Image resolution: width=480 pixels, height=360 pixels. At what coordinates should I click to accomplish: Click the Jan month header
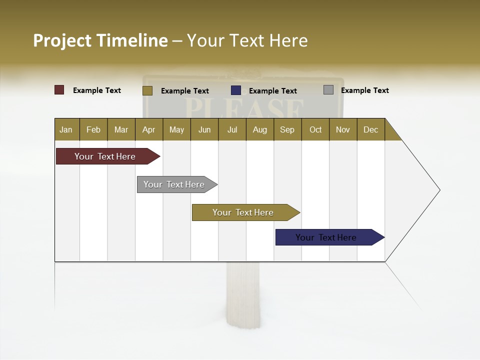pyautogui.click(x=66, y=129)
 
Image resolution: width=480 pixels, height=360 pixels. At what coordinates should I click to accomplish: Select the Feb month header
pyautogui.click(x=93, y=129)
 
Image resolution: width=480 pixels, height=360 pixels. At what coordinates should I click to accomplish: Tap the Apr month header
pyautogui.click(x=148, y=129)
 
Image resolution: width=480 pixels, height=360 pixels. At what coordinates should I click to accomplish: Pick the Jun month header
pyautogui.click(x=204, y=129)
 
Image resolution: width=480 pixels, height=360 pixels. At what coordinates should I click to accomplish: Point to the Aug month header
pyautogui.click(x=259, y=129)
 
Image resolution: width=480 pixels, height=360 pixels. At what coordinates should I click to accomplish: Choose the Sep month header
pyautogui.click(x=287, y=129)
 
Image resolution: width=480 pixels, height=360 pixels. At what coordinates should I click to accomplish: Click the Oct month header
pyautogui.click(x=315, y=129)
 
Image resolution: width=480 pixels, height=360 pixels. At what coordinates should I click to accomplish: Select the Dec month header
pyautogui.click(x=370, y=129)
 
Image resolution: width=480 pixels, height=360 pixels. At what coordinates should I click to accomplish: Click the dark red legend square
pyautogui.click(x=59, y=90)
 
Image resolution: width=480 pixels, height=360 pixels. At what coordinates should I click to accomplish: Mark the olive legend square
pyautogui.click(x=147, y=90)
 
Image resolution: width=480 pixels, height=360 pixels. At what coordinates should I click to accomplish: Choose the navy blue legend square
pyautogui.click(x=236, y=90)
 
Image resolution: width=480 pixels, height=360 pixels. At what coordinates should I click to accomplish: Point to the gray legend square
pyautogui.click(x=328, y=90)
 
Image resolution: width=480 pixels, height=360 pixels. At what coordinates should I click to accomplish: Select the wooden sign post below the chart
pyautogui.click(x=243, y=295)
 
